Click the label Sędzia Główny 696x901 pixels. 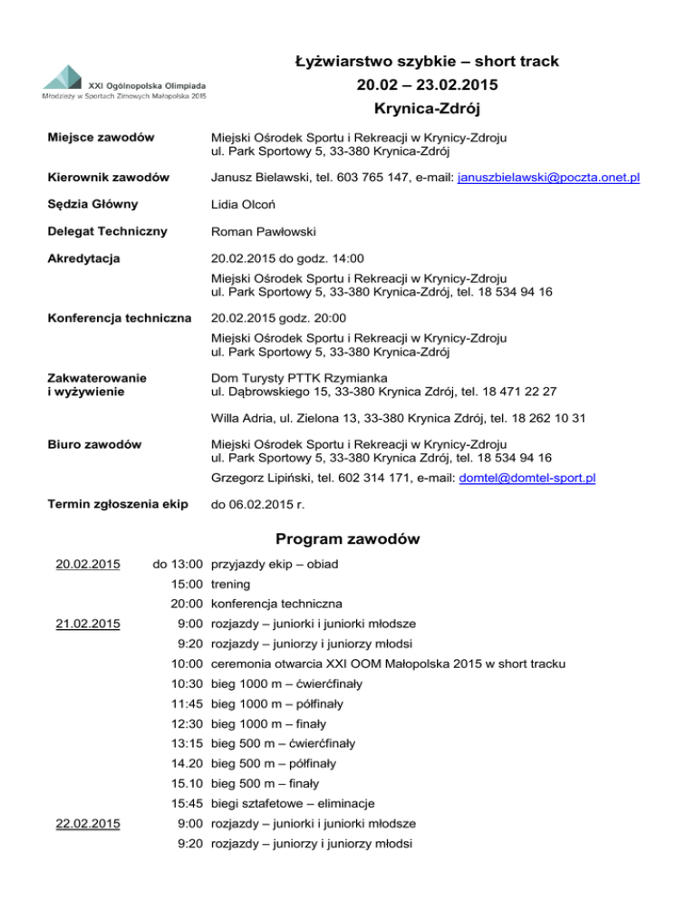click(x=87, y=205)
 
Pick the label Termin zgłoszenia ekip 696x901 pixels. click(x=110, y=504)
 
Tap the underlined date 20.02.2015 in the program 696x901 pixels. click(x=88, y=565)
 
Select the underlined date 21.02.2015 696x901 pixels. click(x=88, y=623)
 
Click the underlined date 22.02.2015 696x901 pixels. click(x=88, y=824)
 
